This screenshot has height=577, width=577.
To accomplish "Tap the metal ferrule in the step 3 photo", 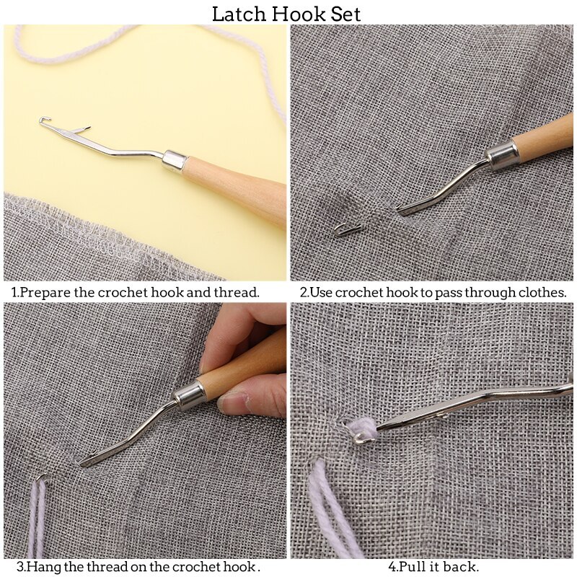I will (190, 394).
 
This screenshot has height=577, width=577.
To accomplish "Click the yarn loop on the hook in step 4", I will (360, 431).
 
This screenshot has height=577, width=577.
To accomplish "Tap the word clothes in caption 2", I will (541, 293).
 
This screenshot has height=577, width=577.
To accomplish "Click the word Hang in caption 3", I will (45, 567).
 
